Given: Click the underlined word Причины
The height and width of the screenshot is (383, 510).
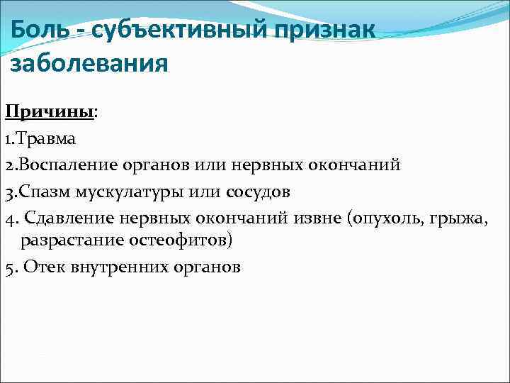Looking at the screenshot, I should tap(49, 113).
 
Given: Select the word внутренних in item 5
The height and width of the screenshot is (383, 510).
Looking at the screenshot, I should tap(114, 267).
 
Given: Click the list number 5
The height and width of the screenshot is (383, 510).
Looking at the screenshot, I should tap(8, 267).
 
